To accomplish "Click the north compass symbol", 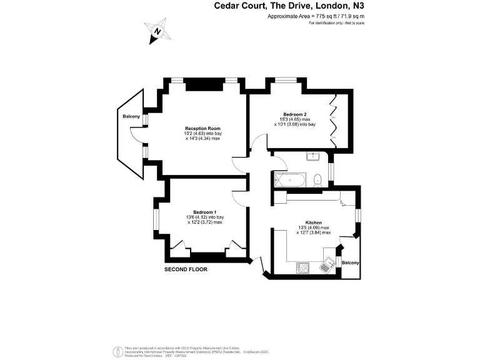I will point(157,31).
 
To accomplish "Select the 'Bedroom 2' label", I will point(294,114).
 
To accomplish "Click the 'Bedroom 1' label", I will point(204,212).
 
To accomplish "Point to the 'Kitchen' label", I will point(313,222).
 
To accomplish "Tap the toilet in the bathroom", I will point(318,179).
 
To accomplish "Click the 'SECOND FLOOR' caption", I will point(186,269).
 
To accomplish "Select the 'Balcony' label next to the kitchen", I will point(351,262).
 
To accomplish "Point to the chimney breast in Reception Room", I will point(201,83).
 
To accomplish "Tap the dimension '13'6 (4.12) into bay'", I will point(204,217).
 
